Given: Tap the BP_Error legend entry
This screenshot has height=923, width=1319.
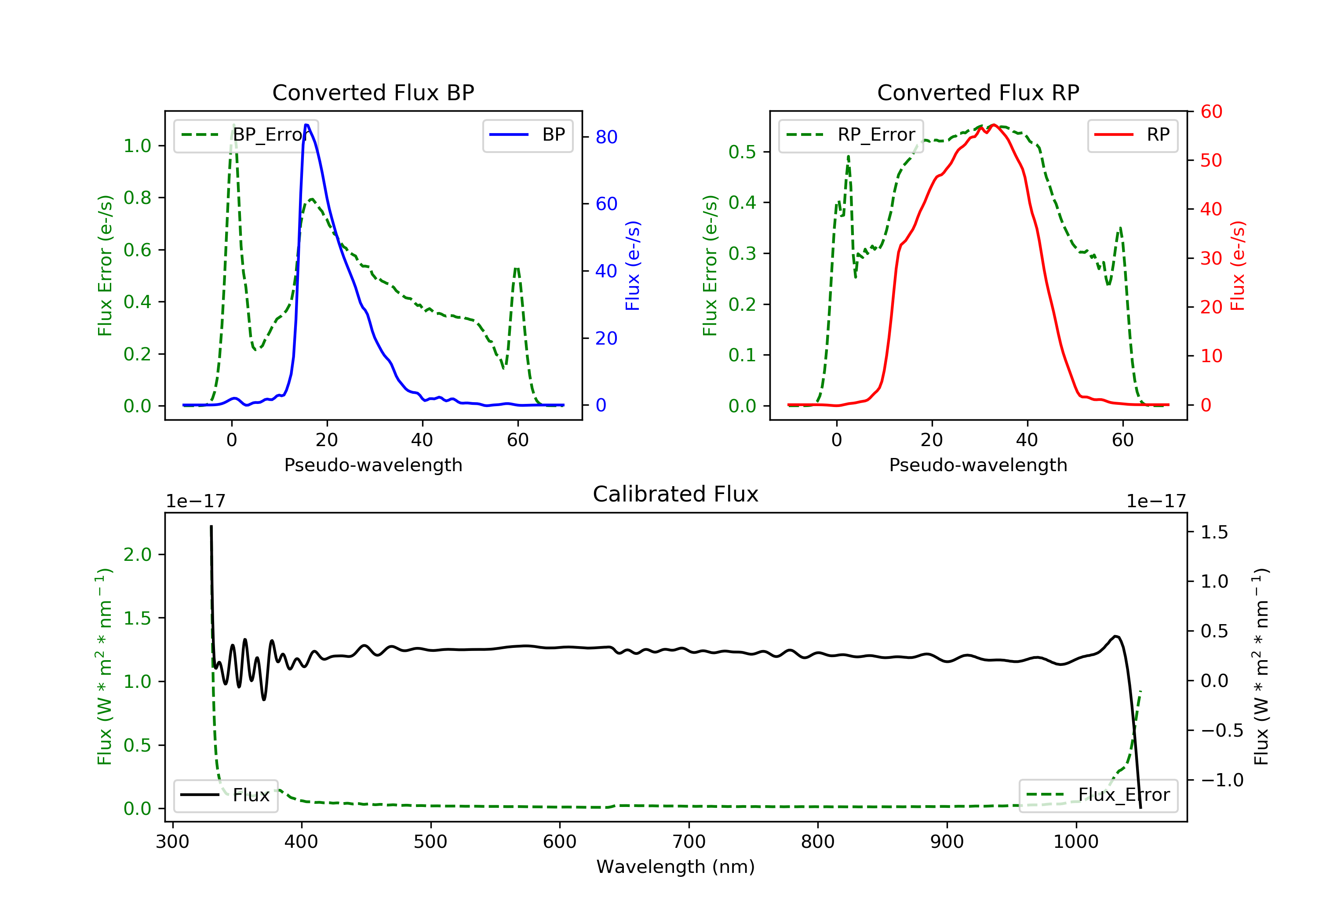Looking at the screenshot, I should tap(246, 135).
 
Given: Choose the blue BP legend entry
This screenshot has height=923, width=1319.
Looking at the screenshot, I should tap(527, 135).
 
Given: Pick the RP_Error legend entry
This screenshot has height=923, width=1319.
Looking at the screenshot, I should tap(851, 135).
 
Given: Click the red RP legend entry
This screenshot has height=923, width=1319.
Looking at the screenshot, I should tap(1132, 135).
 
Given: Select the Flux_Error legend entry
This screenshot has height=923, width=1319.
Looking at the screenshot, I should tap(1098, 795).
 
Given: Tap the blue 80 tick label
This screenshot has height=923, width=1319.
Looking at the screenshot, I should tap(606, 137).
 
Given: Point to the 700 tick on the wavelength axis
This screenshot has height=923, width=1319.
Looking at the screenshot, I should tap(689, 842).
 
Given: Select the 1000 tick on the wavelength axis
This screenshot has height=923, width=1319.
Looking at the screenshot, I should tap(1075, 842).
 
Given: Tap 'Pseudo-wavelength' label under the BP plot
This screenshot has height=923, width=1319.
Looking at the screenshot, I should tap(373, 465).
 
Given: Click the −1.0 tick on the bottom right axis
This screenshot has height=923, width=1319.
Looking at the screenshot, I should tap(1222, 780).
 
